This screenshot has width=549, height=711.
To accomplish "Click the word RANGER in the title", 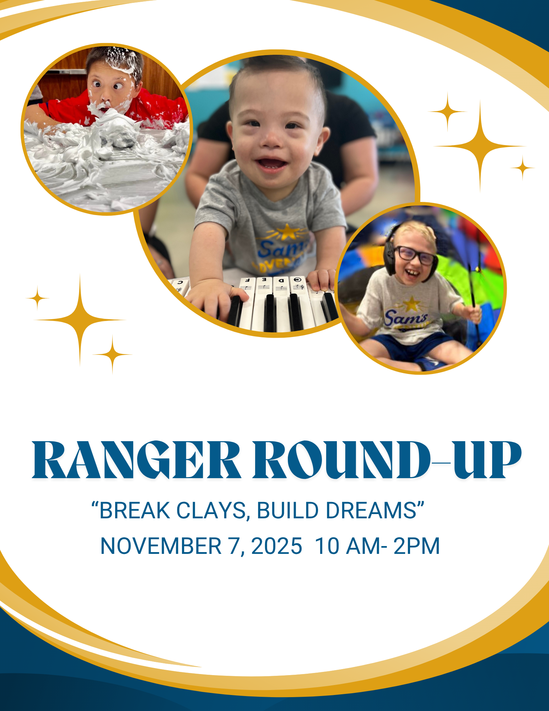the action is [136, 460].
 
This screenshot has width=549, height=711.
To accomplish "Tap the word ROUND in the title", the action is [341, 460].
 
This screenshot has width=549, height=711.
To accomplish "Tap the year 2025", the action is [276, 546].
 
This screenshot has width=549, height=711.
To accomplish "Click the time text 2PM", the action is [416, 546].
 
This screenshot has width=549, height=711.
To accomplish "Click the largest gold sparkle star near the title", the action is [80, 320].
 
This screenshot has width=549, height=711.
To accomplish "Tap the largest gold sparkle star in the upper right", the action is [480, 146].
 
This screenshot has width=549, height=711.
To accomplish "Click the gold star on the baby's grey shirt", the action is [288, 232].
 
